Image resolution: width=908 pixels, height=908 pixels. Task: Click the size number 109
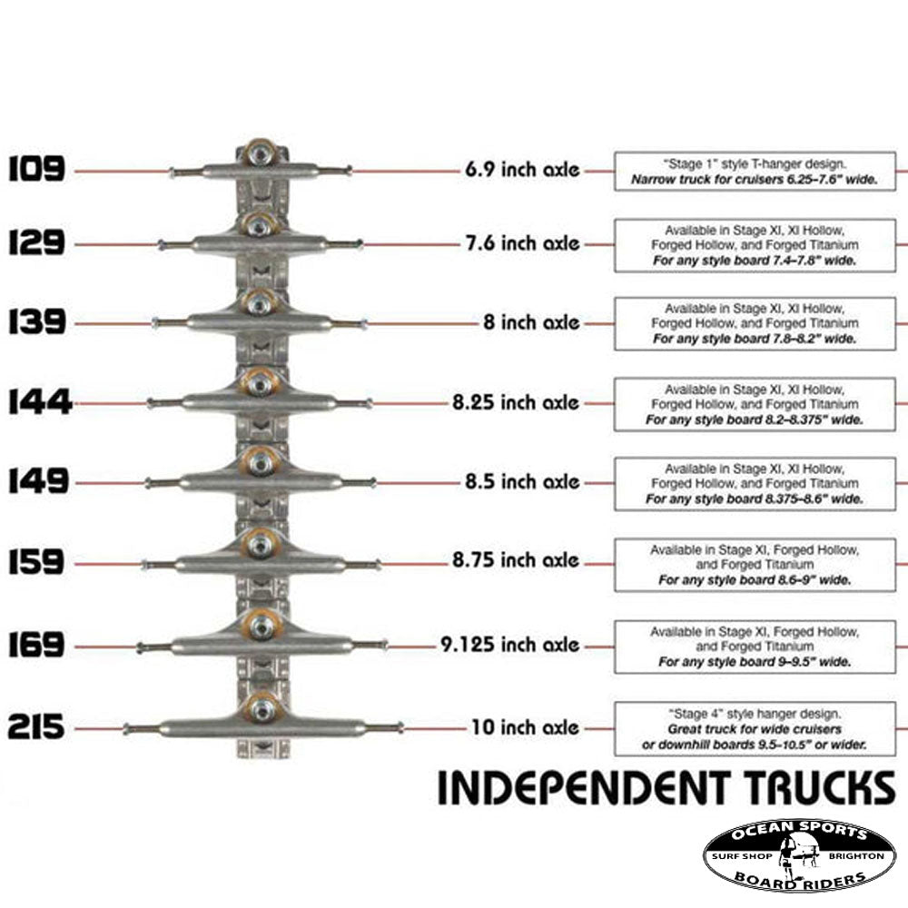click(36, 169)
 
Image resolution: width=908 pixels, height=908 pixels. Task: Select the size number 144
click(40, 401)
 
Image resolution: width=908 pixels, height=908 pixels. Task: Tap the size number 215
click(36, 727)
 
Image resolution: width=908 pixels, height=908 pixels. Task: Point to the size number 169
click(36, 646)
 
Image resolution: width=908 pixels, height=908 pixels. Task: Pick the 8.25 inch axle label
click(515, 401)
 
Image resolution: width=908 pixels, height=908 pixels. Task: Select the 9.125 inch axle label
click(510, 645)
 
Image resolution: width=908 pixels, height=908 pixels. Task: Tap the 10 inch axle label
click(525, 727)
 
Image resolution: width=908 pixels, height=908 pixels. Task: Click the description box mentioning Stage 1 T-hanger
click(755, 172)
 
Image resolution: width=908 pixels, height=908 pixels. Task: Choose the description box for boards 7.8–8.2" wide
click(755, 323)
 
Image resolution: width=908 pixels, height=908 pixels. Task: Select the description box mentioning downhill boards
click(755, 729)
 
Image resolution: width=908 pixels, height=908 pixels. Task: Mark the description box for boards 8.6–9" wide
click(755, 565)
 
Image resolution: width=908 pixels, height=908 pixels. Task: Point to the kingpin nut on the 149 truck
click(261, 463)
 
